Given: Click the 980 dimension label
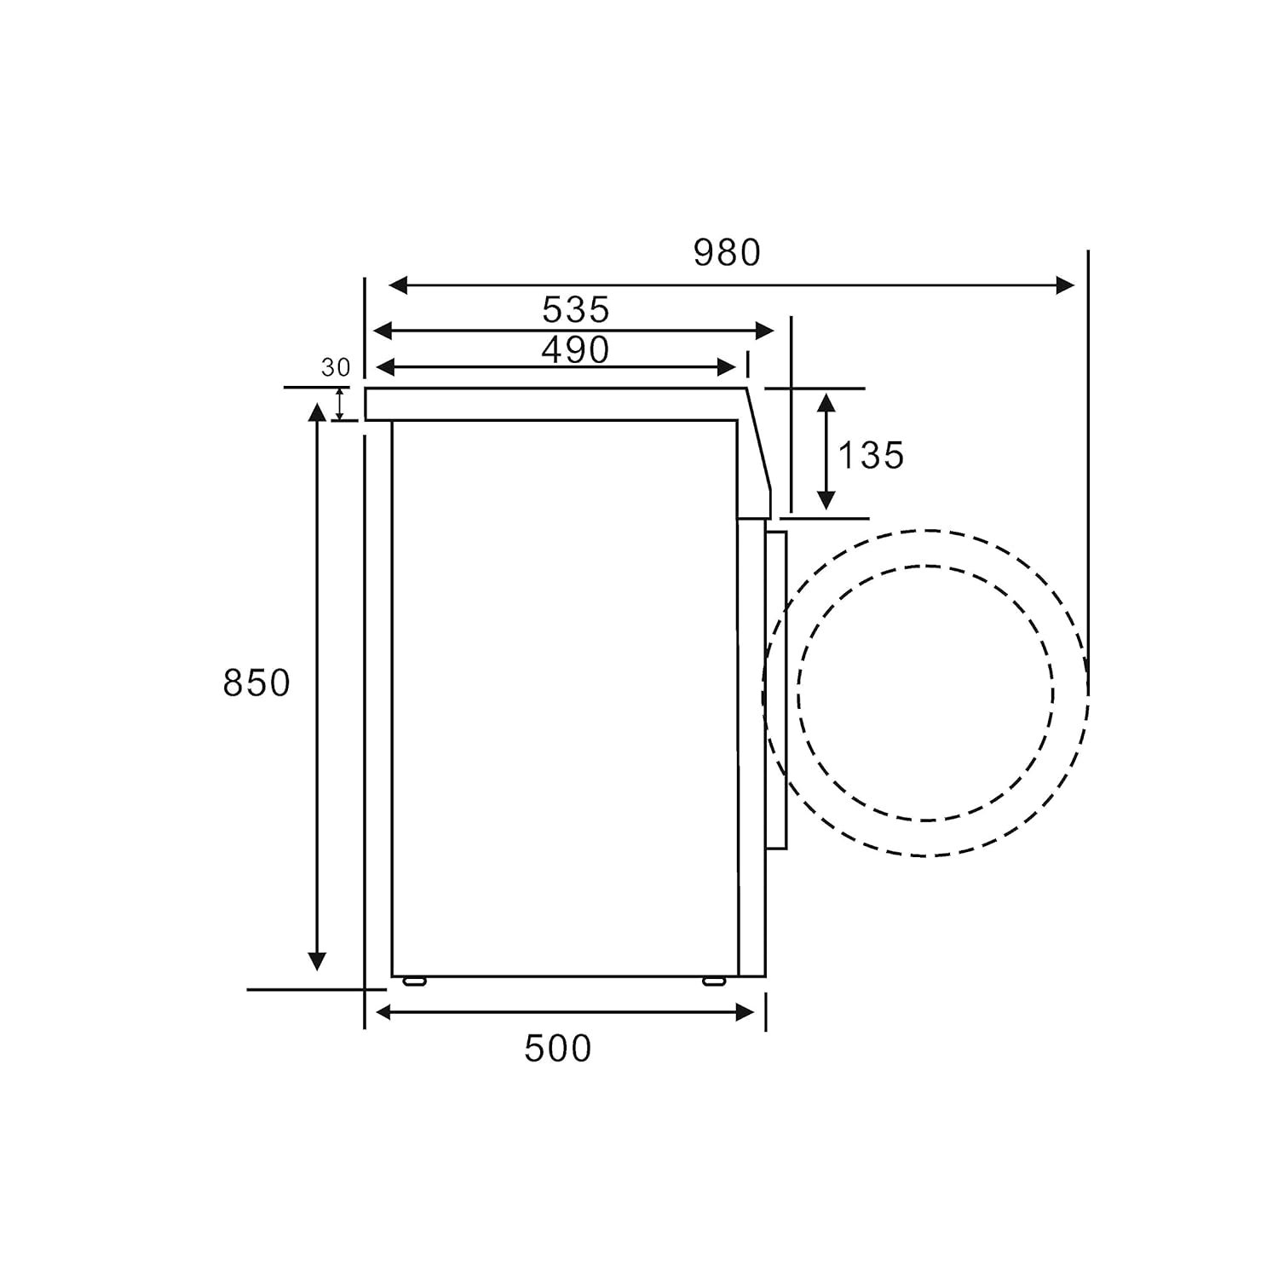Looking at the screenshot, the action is pos(727,253).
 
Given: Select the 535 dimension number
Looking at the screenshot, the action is pos(576,310).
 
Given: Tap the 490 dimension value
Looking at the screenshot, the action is pos(576,350).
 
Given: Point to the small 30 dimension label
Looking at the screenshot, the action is pos(336,368).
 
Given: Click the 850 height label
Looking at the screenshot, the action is pos(256,683).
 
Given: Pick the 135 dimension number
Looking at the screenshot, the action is pos(871,456).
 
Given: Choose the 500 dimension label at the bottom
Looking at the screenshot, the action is pos(558,1049).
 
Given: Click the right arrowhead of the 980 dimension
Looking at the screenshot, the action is pos(1065,285).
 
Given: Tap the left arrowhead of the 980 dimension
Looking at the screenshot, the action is pos(398,285).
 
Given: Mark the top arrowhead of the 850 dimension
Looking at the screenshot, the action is pos(317,413).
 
